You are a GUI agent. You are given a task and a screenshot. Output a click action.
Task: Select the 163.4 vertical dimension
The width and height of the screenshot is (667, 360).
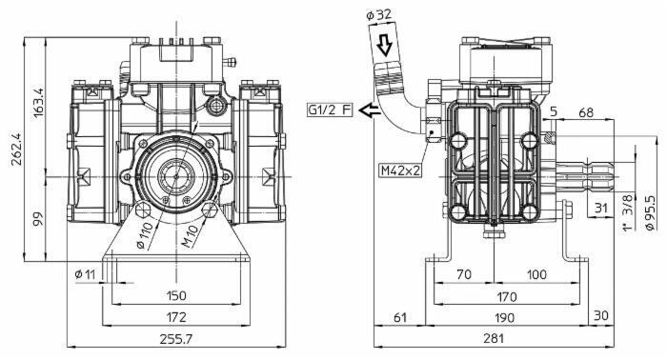point(38,103)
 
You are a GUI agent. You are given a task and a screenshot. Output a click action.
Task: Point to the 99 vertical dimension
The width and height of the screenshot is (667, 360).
point(38,219)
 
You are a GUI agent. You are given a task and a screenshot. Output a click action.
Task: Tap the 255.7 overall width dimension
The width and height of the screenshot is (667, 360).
point(175,339)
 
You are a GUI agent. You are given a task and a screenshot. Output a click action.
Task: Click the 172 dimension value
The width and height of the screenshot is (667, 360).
point(176,317)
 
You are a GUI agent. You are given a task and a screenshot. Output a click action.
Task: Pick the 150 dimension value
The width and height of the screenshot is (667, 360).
point(176,295)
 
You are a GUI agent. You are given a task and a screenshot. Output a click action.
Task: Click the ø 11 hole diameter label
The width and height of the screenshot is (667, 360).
point(85,274)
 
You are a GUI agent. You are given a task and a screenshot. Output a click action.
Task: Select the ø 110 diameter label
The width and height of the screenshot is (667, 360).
point(145,235)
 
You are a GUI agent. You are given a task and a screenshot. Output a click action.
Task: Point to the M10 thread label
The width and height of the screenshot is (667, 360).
point(190,236)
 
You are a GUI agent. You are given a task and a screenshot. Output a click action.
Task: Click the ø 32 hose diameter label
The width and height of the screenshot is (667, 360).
point(378,15)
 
